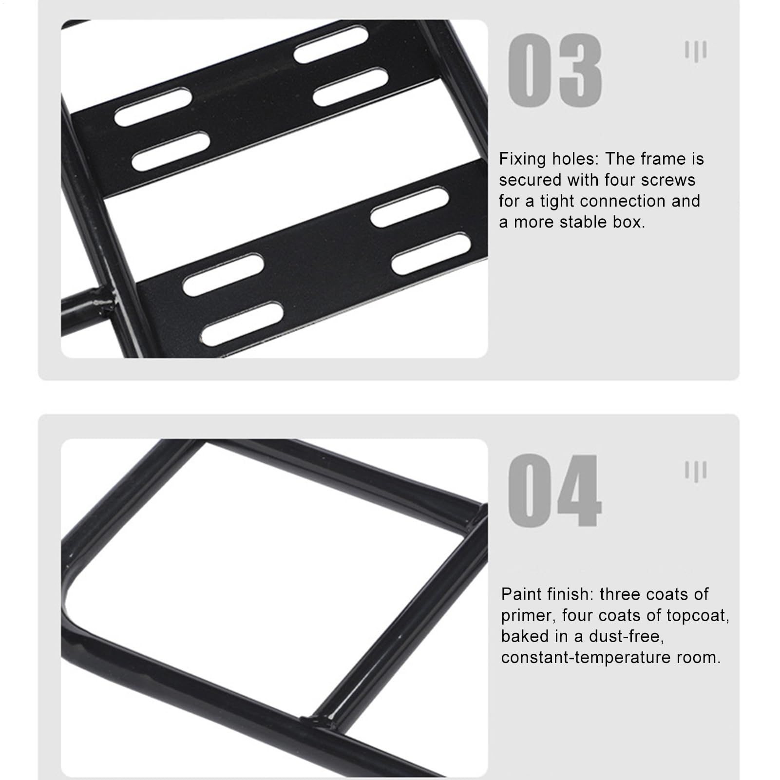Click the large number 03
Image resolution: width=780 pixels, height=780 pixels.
[x=555, y=70]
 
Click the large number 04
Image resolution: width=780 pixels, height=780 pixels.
[x=555, y=491]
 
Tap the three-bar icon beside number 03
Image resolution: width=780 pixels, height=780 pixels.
[x=696, y=51]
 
